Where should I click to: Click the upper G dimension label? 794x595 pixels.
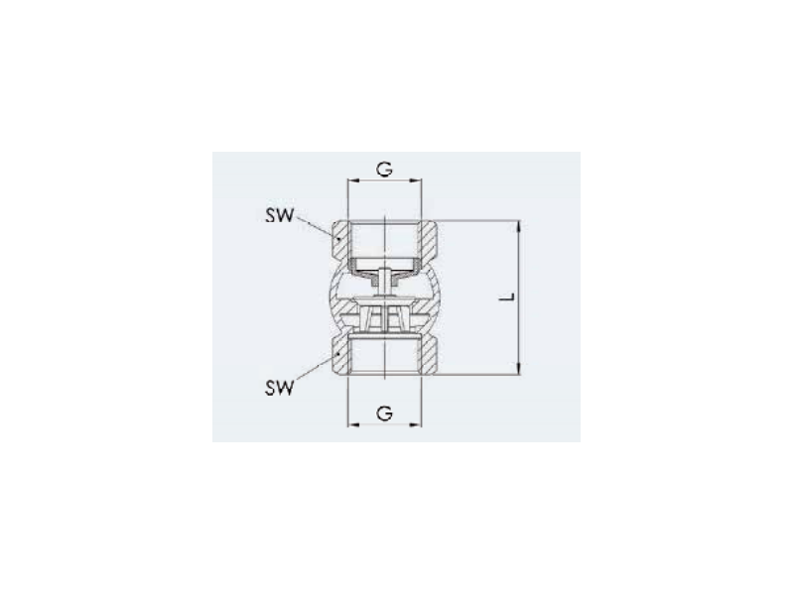[384, 169]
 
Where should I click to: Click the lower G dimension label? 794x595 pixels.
[384, 414]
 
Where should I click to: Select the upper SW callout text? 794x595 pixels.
[280, 215]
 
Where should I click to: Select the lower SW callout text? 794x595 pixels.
[280, 388]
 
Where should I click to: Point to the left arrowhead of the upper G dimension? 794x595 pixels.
[353, 180]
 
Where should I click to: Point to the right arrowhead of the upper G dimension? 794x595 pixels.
[415, 180]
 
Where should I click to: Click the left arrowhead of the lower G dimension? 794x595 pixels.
[353, 424]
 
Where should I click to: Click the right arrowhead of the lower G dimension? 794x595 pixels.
[415, 424]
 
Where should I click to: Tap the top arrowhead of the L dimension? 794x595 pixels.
[518, 227]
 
